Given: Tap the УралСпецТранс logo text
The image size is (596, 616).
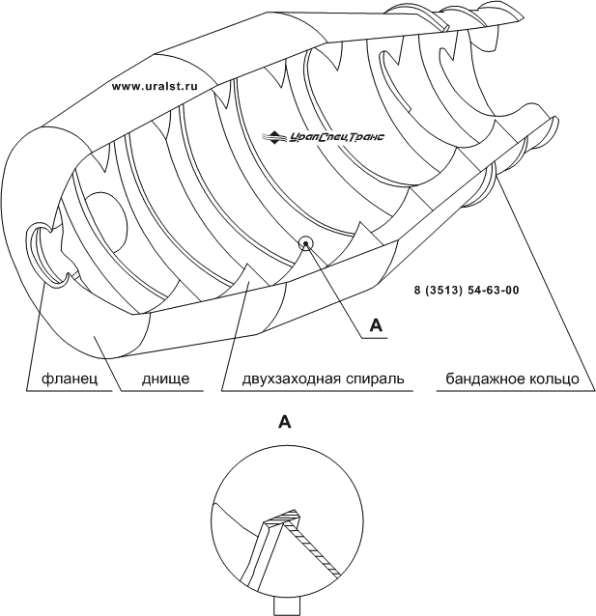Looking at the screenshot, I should tap(335, 138).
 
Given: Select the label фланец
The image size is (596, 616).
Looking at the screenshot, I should tap(63, 378).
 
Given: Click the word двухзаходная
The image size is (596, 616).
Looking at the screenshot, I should tap(279, 378).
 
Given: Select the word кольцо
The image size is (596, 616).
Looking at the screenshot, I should tap(557, 378).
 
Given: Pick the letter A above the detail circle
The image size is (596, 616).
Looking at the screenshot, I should tap(284, 421).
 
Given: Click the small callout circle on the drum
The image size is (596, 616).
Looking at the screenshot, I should tap(306, 243).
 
